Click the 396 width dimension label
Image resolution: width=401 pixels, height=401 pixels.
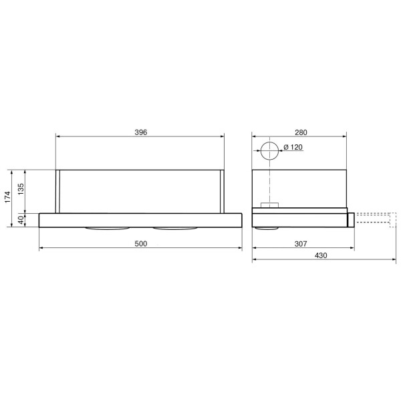click(141, 132)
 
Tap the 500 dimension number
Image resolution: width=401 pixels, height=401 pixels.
click(141, 244)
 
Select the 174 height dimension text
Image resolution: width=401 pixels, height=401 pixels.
click(7, 197)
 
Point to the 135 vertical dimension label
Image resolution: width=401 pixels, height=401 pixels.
click(21, 189)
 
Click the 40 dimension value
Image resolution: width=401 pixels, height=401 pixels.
click(21, 220)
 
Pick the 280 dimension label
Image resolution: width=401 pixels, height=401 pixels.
click(301, 132)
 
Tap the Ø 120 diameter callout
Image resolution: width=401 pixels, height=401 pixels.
click(293, 147)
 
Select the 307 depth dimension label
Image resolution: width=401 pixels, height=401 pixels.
click(301, 244)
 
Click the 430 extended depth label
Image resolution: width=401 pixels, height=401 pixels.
click(321, 255)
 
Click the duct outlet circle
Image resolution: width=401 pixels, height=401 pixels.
click(269, 142)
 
